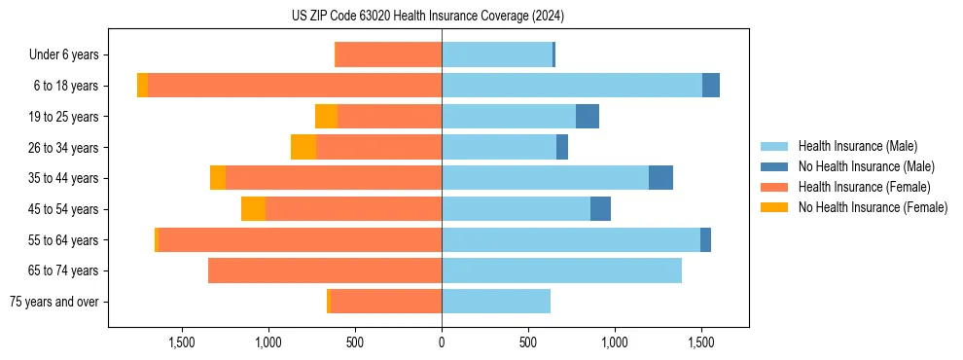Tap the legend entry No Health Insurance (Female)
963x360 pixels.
tap(873, 207)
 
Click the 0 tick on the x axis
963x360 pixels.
tap(442, 342)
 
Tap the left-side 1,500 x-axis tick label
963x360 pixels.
tap(182, 342)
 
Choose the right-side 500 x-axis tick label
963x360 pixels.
tap(528, 342)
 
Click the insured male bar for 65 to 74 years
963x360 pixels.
tap(561, 270)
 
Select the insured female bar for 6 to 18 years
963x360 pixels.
tap(295, 86)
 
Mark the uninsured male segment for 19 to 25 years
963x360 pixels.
tap(588, 117)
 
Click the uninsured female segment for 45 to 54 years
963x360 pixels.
tap(253, 209)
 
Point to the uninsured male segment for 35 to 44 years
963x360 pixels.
tap(660, 178)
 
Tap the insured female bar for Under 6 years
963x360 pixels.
tap(388, 55)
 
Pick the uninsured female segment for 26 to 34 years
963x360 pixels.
tap(303, 147)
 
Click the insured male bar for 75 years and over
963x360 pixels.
tap(496, 302)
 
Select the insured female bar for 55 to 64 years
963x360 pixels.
tap(300, 239)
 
